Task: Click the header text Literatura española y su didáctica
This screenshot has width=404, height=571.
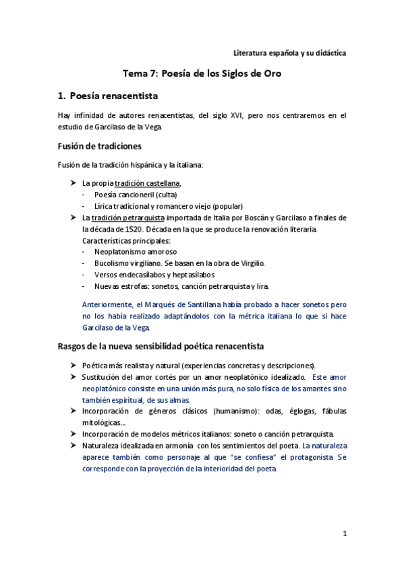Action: tap(289, 53)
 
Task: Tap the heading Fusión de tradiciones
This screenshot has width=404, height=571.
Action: tap(99, 146)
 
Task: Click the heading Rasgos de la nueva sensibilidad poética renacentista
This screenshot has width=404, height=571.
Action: tap(161, 347)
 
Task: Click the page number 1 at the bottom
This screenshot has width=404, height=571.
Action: tap(344, 534)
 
